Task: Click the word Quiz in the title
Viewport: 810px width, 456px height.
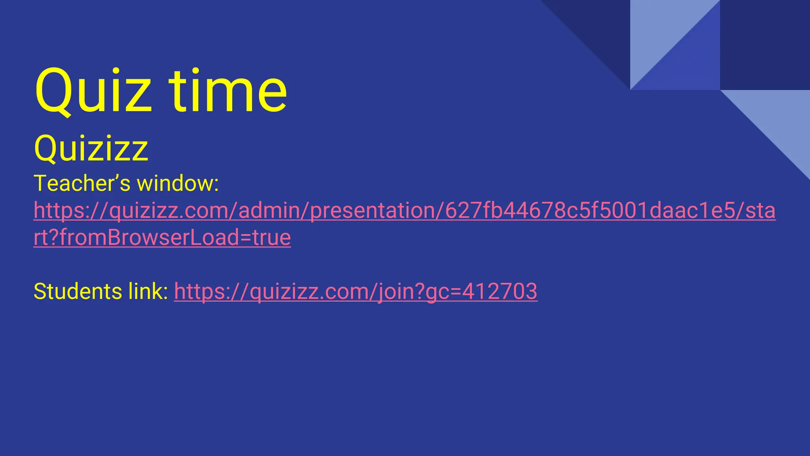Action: click(x=93, y=92)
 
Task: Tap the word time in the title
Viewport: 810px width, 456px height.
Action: click(x=228, y=92)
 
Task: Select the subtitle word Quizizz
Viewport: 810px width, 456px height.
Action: click(x=91, y=148)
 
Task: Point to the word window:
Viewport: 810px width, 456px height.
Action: click(x=178, y=184)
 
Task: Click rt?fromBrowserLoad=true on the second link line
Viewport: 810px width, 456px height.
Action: click(x=162, y=237)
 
